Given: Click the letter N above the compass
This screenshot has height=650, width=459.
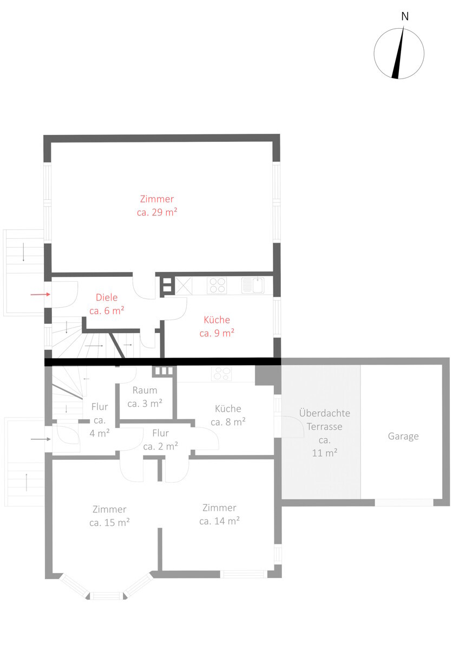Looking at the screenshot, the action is (405, 17).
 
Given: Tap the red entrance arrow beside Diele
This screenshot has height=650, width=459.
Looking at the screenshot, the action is (41, 295).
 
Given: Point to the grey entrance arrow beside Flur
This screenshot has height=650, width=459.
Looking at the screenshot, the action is (41, 439).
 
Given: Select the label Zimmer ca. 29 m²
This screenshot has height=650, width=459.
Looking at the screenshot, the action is (157, 206).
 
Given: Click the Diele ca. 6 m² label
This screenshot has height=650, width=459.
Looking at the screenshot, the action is (107, 304).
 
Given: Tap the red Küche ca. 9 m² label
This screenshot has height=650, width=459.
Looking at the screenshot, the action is (217, 327).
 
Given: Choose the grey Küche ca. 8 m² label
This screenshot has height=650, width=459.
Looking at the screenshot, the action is (228, 415).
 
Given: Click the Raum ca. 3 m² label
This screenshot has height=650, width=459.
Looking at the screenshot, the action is (145, 397).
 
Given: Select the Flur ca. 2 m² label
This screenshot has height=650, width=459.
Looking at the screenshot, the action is (160, 440).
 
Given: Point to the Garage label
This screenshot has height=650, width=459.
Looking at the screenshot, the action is (403, 437).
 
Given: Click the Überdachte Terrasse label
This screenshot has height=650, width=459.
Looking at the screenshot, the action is (324, 420).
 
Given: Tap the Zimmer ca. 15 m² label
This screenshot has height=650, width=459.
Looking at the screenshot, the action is (109, 516).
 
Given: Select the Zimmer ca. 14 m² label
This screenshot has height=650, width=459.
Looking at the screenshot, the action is (219, 515).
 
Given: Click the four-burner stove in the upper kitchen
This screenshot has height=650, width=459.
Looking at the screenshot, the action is (217, 285).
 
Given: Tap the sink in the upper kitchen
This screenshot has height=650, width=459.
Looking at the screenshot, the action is (253, 285).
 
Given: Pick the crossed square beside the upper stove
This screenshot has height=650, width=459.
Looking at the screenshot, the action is (183, 286).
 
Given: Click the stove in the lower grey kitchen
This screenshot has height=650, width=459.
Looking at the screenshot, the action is (221, 374).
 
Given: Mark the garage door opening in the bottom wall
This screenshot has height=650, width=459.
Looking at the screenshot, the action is (404, 502).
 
